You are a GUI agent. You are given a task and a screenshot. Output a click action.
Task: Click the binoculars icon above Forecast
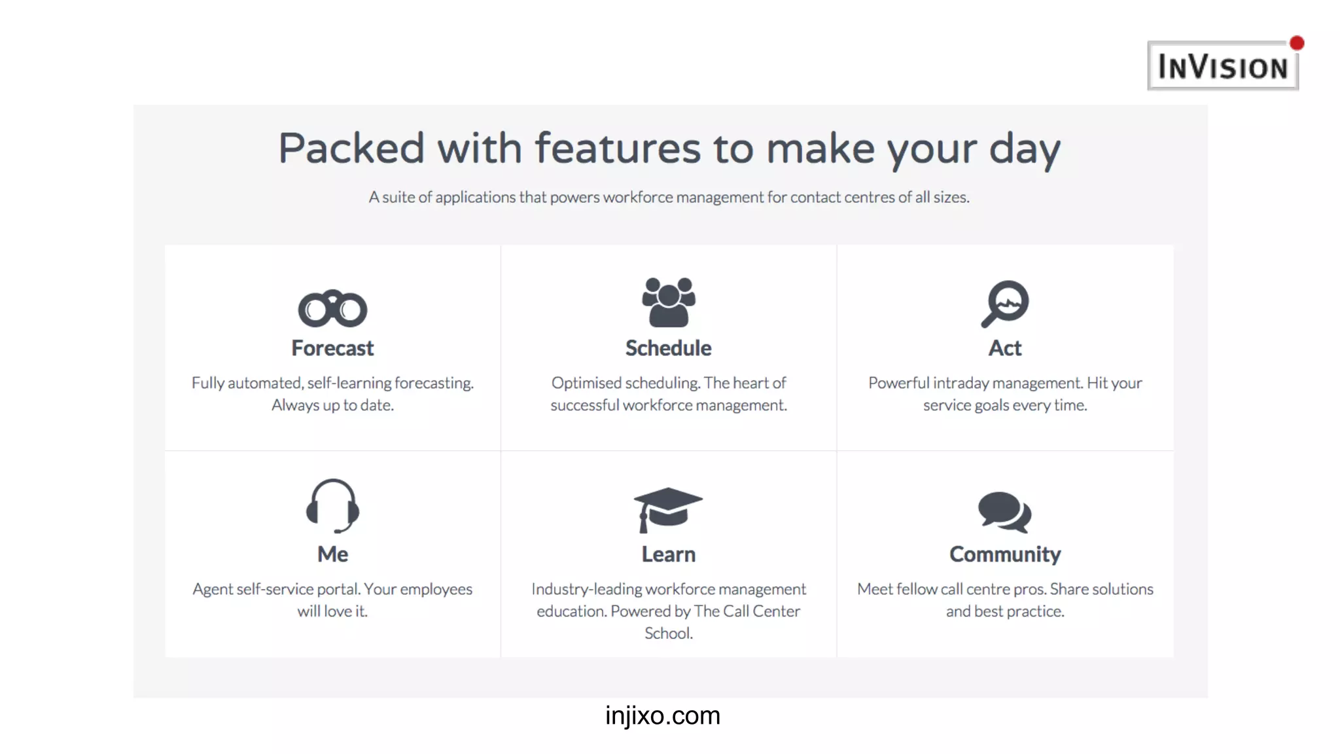[332, 308]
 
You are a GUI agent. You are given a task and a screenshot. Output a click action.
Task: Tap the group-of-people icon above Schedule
[668, 302]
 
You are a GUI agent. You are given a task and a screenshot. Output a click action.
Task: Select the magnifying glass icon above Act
[1005, 304]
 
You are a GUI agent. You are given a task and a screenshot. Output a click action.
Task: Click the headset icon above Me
[332, 505]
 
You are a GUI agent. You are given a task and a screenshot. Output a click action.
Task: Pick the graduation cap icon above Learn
[668, 509]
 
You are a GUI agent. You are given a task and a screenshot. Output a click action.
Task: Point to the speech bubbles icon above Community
[1004, 511]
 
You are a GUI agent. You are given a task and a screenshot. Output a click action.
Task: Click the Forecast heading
[332, 348]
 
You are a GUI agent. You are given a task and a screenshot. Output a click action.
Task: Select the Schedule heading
[668, 348]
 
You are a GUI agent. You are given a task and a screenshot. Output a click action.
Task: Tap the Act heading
[1004, 348]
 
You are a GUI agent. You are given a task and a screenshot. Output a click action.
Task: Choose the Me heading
[332, 554]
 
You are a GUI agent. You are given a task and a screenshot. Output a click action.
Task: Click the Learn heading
[668, 554]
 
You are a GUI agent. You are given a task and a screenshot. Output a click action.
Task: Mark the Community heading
[1004, 554]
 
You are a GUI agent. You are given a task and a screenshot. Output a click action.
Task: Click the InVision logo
[1222, 66]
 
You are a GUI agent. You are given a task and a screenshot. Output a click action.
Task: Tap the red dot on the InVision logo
[1297, 43]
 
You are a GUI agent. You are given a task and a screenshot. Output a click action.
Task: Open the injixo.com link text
[662, 715]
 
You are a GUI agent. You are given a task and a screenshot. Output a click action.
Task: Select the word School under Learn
[667, 634]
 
